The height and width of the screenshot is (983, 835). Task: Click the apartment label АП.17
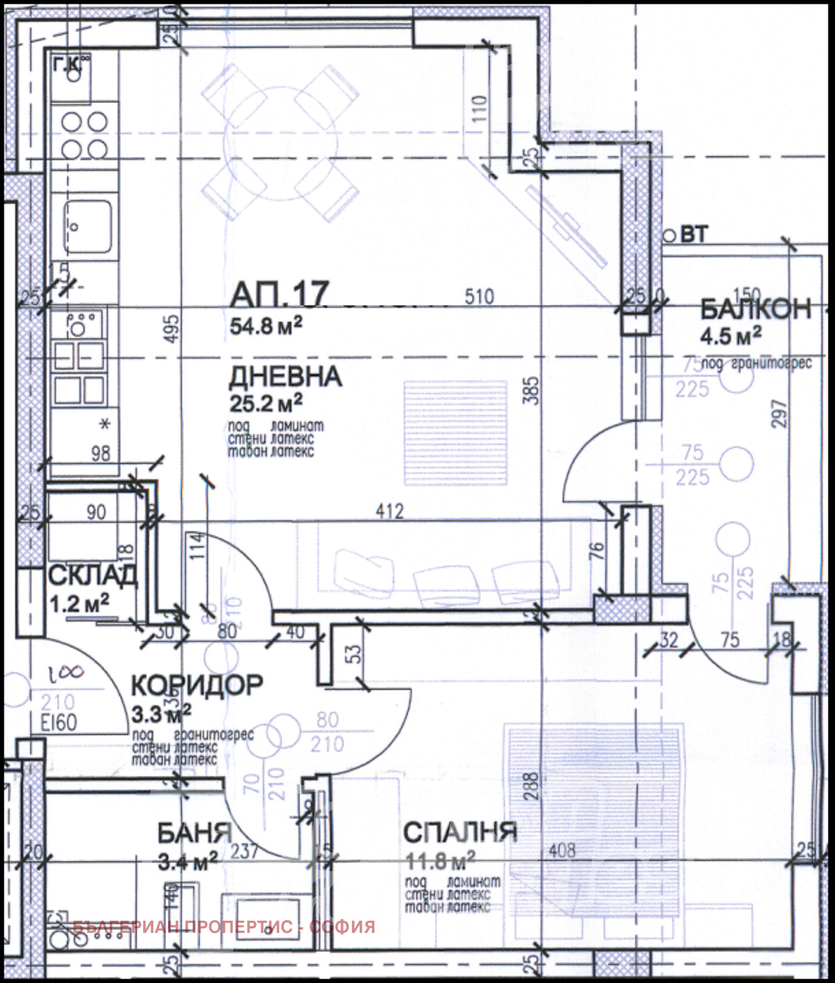(x=280, y=295)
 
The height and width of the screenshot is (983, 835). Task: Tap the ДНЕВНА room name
(x=285, y=377)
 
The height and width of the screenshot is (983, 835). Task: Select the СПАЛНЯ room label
(x=460, y=832)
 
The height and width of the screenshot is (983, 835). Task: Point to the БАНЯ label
(x=194, y=833)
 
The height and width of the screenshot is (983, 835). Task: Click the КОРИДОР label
(x=197, y=685)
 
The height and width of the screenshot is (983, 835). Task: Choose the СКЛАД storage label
(x=92, y=576)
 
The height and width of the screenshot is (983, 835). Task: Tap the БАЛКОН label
(x=755, y=309)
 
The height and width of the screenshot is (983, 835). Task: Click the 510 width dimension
(x=479, y=297)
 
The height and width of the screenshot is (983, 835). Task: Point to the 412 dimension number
(x=390, y=511)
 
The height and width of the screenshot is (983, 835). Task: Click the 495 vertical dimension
(x=173, y=328)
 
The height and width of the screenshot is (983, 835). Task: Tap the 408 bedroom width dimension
(x=562, y=851)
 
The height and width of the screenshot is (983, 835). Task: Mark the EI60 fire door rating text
(x=59, y=723)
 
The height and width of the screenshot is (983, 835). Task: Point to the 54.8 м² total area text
(x=266, y=326)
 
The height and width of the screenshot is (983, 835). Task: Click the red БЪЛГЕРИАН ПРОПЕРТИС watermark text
(x=224, y=927)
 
